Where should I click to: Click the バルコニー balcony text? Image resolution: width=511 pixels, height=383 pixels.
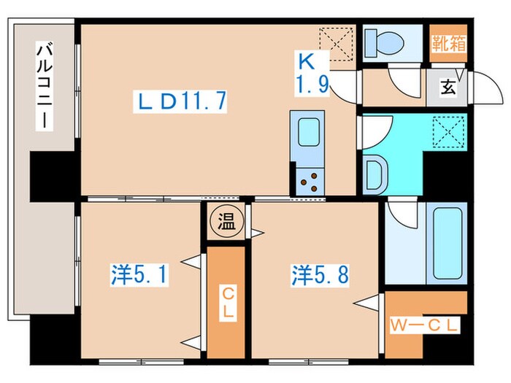(45, 86)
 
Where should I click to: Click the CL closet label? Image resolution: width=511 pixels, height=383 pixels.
(228, 301)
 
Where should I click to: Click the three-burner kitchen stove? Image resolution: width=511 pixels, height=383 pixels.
(310, 180)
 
